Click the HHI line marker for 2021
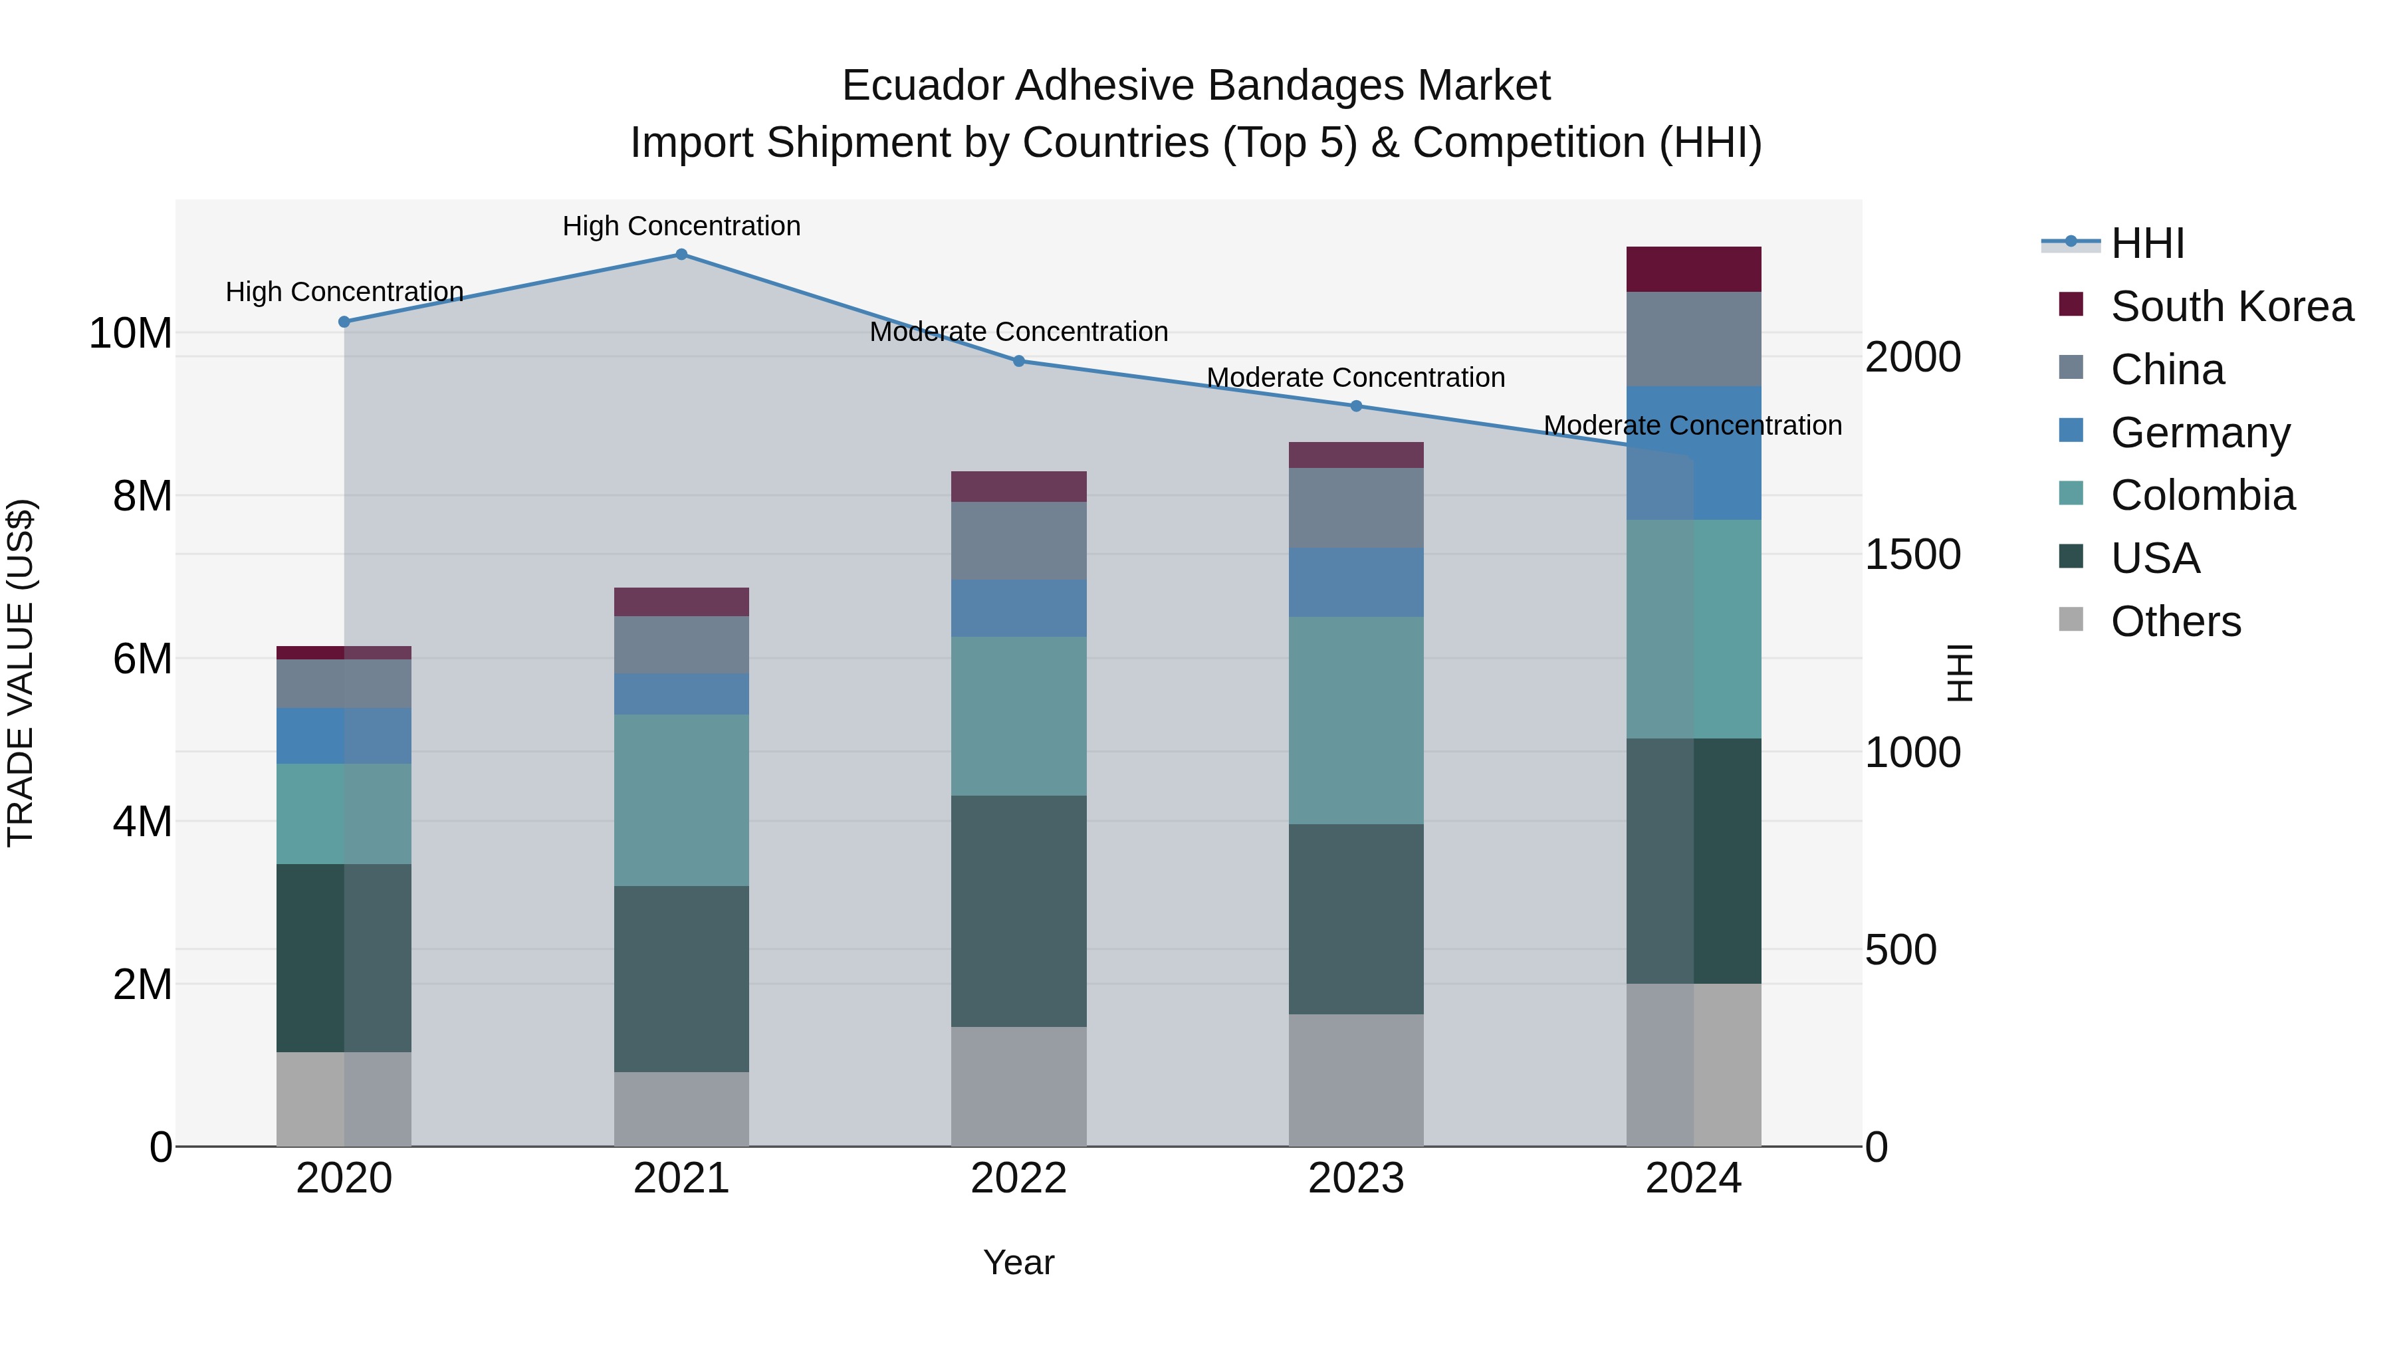click(681, 255)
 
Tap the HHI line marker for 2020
click(344, 322)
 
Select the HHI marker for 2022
click(1018, 362)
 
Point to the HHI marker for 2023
click(1355, 406)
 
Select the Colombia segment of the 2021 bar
click(681, 800)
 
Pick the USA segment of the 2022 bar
click(1018, 911)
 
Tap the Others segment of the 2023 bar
click(1355, 1079)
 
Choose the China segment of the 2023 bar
click(1355, 507)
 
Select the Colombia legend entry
click(2202, 495)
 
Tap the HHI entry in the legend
click(2147, 243)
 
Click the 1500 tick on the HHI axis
click(1912, 554)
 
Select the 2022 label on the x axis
click(1018, 1178)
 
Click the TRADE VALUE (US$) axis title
click(21, 673)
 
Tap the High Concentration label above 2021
click(681, 226)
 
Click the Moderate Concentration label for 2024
click(1692, 425)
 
